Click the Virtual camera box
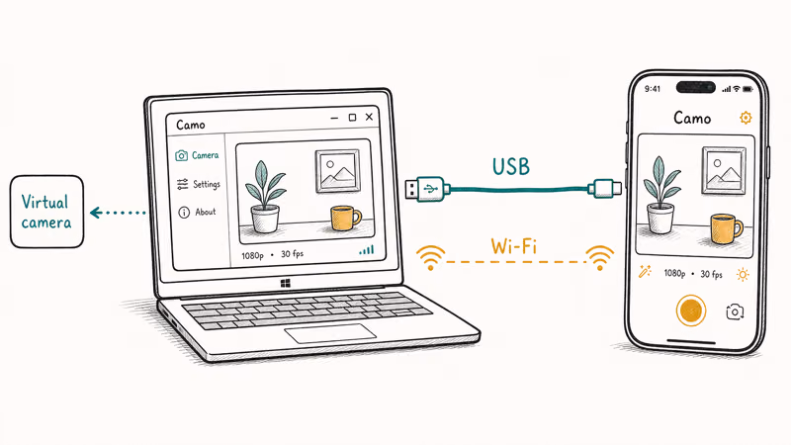click(46, 212)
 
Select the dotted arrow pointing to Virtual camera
click(118, 213)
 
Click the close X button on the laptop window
click(369, 117)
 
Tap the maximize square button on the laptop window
click(352, 118)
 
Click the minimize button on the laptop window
click(334, 118)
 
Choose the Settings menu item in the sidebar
click(199, 184)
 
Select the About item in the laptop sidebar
click(197, 212)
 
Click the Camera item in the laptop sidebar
click(197, 155)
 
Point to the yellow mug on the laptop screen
click(345, 218)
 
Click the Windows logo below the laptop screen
click(286, 284)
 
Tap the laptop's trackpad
click(330, 333)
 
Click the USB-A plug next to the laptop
click(427, 189)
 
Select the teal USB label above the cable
click(511, 167)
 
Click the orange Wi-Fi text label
click(513, 246)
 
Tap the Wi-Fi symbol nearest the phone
click(599, 257)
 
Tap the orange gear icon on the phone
click(746, 118)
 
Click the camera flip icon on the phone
click(735, 311)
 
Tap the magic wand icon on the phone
click(645, 271)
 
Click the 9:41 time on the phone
click(653, 89)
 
